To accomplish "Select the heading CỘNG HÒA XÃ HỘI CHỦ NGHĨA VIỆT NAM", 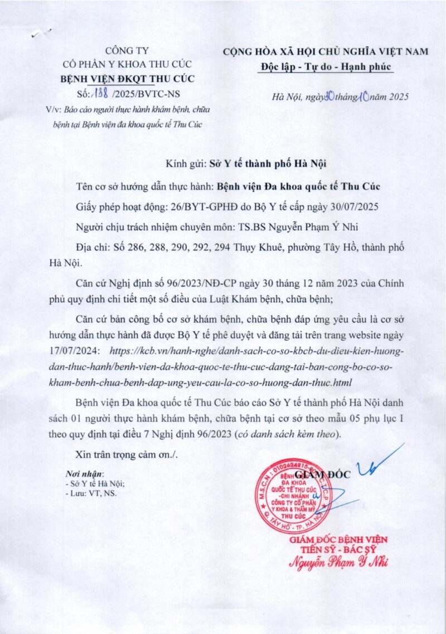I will pos(326,52).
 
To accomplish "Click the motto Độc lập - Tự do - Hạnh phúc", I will pos(326,67).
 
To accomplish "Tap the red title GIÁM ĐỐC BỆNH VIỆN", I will pos(338,539).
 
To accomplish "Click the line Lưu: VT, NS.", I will pos(92,492).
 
